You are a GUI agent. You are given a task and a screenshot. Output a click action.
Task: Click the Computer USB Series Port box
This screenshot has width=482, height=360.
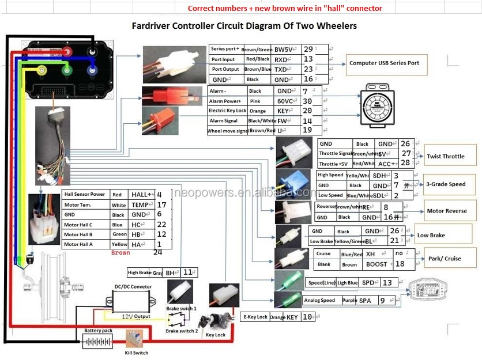[385, 63]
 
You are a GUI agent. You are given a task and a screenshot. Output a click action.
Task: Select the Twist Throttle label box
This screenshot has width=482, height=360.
[445, 156]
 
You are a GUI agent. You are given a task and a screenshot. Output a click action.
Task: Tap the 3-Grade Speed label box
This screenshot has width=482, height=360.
[446, 184]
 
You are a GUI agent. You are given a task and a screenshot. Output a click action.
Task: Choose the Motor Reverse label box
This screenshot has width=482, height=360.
[447, 211]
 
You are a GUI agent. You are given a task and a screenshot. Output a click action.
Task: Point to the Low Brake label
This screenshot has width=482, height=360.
[431, 235]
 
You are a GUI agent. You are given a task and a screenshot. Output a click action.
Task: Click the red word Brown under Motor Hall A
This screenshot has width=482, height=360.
[120, 252]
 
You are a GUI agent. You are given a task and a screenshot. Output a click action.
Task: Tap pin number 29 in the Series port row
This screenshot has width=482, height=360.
[308, 50]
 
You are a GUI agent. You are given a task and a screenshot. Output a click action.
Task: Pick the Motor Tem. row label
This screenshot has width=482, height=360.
[79, 204]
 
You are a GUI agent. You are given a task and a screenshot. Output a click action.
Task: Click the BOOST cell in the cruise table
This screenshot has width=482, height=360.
[376, 264]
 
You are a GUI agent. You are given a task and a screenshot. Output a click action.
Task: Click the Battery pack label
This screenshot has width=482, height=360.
[99, 331]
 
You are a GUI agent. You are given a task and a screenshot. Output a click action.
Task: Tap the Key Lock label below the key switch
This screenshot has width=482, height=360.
[216, 335]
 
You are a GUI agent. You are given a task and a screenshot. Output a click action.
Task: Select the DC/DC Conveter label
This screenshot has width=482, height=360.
[133, 286]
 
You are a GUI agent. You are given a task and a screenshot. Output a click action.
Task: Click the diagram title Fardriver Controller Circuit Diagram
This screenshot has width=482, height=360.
[244, 26]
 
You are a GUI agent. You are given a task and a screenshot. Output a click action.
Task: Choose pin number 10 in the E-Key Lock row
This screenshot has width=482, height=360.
[307, 316]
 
